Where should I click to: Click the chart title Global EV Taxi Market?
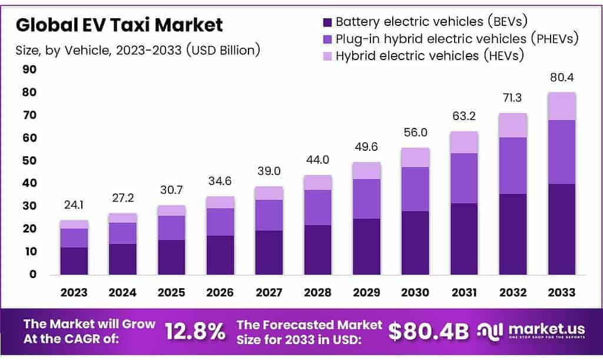pyautogui.click(x=120, y=25)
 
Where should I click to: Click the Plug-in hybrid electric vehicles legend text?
pyautogui.click(x=457, y=39)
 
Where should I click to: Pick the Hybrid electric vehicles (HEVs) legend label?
pyautogui.click(x=429, y=56)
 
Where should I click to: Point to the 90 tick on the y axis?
pyautogui.click(x=29, y=70)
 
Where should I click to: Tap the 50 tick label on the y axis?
pyautogui.click(x=29, y=161)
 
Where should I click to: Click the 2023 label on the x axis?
pyautogui.click(x=74, y=292)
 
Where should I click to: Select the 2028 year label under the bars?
pyautogui.click(x=317, y=292)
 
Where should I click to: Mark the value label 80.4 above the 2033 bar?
pyautogui.click(x=561, y=78)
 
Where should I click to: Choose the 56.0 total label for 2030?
pyautogui.click(x=415, y=133)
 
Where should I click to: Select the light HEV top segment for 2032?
pyautogui.click(x=512, y=125)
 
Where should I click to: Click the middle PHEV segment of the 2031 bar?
pyautogui.click(x=463, y=178)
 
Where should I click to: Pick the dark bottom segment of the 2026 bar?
pyautogui.click(x=220, y=255)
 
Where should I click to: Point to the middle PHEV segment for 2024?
pyautogui.click(x=122, y=233)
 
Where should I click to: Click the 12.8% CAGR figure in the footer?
pyautogui.click(x=195, y=331)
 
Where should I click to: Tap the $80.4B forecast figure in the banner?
pyautogui.click(x=429, y=331)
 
